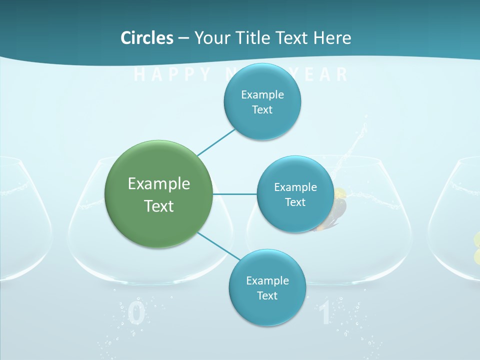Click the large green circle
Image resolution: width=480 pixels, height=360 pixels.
click(158, 194)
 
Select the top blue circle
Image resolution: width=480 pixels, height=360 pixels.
click(262, 102)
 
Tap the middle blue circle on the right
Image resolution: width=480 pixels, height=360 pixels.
click(295, 194)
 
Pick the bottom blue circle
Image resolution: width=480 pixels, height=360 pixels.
click(267, 287)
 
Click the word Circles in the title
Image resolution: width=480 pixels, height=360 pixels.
click(147, 37)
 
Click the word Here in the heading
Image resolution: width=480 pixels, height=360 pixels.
click(332, 37)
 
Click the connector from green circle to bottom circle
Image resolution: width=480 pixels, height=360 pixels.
click(219, 246)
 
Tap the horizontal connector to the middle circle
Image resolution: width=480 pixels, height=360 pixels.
click(235, 194)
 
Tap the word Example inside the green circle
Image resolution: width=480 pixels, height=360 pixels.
click(158, 183)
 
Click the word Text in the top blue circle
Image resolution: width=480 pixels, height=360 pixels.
click(262, 109)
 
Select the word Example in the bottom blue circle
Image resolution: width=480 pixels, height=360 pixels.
click(267, 280)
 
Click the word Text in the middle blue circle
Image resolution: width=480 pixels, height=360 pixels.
click(295, 202)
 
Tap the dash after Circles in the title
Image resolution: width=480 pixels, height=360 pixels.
click(183, 38)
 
